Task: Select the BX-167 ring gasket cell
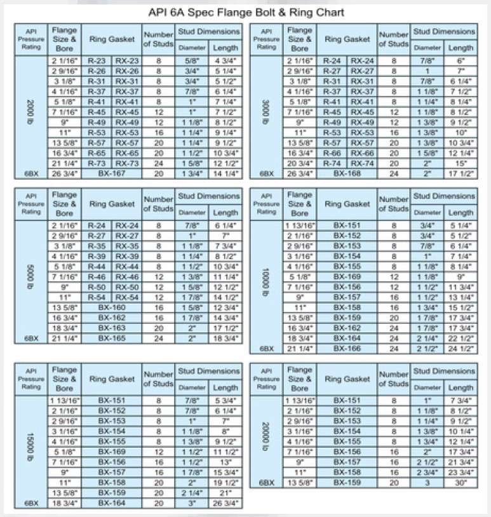(x=112, y=173)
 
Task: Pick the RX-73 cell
(x=127, y=163)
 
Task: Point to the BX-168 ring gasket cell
(x=347, y=173)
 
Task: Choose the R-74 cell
(x=332, y=163)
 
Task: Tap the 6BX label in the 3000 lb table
(x=267, y=173)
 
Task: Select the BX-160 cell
(x=112, y=307)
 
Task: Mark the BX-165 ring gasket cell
(x=112, y=339)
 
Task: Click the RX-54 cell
(x=127, y=297)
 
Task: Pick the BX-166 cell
(x=347, y=348)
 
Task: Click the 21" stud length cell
(x=225, y=493)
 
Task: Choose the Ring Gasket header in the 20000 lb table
(x=347, y=379)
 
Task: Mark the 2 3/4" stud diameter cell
(x=427, y=473)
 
